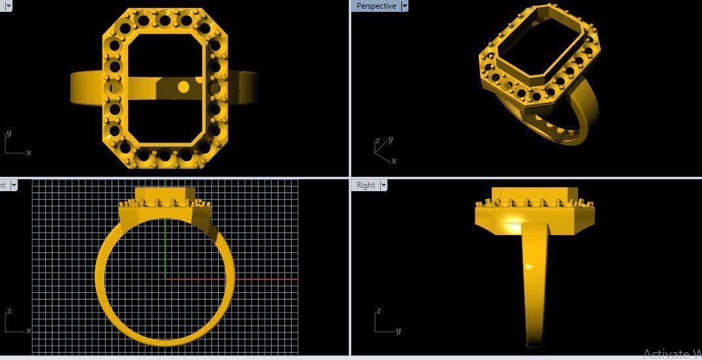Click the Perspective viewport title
click(376, 6)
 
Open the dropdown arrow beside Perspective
click(405, 6)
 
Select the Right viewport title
click(365, 185)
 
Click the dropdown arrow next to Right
click(384, 185)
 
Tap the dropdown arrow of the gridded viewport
click(14, 185)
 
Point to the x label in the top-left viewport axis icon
click(29, 152)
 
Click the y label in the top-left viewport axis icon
click(9, 133)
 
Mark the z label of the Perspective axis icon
click(377, 141)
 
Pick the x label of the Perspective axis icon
click(393, 161)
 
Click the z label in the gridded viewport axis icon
click(9, 311)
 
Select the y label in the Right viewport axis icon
click(398, 330)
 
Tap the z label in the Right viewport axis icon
click(379, 311)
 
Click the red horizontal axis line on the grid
click(263, 279)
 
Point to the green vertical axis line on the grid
click(165, 250)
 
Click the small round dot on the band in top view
click(184, 87)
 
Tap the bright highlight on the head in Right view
click(512, 226)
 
